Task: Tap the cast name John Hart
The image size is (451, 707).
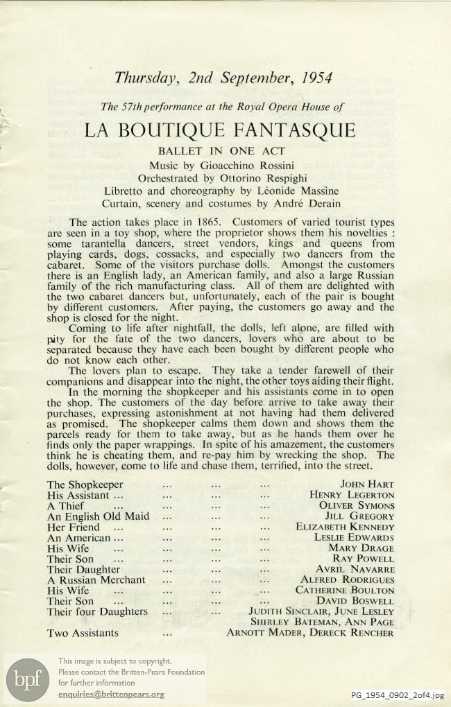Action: coord(367,485)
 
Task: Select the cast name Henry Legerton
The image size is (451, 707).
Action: coord(352,496)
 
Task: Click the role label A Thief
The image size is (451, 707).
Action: coord(65,506)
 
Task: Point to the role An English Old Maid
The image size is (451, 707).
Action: coord(98,516)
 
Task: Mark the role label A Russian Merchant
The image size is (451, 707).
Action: coord(96,579)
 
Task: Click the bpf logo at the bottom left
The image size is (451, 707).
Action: coord(27,679)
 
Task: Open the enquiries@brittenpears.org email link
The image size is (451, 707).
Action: coord(111,695)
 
